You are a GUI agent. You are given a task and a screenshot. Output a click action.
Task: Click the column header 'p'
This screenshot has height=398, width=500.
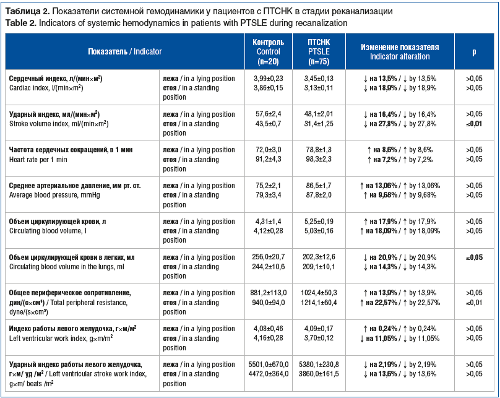(474, 51)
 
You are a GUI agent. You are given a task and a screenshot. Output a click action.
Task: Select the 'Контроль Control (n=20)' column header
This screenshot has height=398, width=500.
(268, 51)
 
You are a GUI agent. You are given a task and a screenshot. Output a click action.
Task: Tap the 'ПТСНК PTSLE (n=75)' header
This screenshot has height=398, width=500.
(319, 51)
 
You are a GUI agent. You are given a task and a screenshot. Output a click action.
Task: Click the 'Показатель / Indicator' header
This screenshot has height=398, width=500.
(124, 51)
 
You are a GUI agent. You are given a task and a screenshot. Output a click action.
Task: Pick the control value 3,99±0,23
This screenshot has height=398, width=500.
(268, 79)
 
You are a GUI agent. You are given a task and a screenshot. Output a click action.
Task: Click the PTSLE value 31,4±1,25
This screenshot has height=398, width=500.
(319, 124)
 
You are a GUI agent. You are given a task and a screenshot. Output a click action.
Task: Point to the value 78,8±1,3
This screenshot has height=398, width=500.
(319, 150)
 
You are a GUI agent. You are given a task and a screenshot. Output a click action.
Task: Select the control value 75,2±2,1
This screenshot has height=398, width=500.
(268, 186)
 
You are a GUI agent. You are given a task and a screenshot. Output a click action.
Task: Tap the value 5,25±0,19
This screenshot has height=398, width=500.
(319, 222)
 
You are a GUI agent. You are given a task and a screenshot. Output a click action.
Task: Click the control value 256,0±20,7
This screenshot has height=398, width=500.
(268, 257)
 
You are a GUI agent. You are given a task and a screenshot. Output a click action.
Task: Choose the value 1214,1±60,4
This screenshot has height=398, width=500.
(319, 302)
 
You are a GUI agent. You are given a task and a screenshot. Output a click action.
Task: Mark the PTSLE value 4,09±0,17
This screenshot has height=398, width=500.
(319, 329)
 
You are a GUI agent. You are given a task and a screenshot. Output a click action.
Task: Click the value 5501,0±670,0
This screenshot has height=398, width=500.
(268, 365)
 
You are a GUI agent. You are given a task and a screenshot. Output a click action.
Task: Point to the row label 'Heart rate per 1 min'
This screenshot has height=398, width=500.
(38, 160)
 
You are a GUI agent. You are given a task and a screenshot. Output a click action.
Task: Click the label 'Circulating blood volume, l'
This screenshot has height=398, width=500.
(48, 231)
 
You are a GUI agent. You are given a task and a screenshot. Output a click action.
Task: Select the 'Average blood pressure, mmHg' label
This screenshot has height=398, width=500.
(54, 195)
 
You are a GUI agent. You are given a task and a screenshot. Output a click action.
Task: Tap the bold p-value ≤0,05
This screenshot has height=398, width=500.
(474, 257)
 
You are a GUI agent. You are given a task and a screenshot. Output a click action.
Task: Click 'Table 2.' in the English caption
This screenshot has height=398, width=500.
(20, 23)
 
